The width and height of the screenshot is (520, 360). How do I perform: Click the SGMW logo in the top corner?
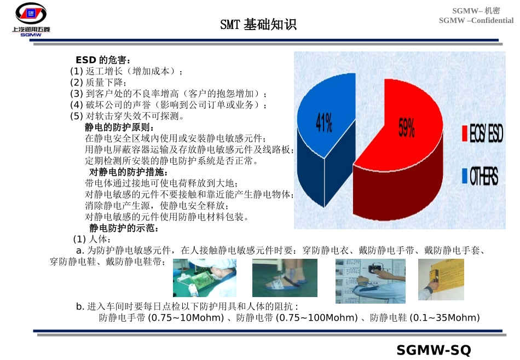coord(31,19)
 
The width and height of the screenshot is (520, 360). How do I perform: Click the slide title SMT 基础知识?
coord(258,25)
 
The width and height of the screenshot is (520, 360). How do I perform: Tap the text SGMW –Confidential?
coord(476,21)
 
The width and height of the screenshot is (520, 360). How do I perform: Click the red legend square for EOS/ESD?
coord(465,133)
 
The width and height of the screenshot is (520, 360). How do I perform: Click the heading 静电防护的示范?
coord(124,228)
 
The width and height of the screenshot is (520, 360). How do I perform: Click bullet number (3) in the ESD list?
coord(77,94)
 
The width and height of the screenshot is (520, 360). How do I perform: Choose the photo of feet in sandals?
coord(284,278)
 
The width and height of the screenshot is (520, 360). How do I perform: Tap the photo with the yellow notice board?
coord(441,279)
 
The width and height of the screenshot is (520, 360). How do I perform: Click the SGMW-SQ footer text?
coord(434,350)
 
